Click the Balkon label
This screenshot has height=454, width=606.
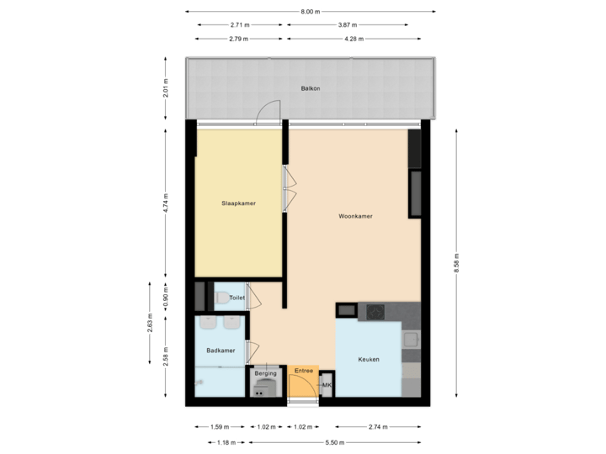click(x=311, y=88)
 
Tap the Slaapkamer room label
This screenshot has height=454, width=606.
click(x=238, y=203)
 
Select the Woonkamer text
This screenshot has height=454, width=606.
click(x=355, y=216)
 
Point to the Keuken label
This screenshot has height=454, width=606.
click(x=368, y=359)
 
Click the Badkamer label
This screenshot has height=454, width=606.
click(x=221, y=351)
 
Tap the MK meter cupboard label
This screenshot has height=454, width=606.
click(x=327, y=385)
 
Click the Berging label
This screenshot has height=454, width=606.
click(x=266, y=372)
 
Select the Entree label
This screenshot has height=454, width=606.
click(x=304, y=371)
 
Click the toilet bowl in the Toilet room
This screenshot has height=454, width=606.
click(x=221, y=296)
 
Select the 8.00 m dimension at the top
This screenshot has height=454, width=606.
click(x=311, y=12)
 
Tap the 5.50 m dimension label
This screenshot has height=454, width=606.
click(x=334, y=441)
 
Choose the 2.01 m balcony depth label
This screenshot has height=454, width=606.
click(x=166, y=89)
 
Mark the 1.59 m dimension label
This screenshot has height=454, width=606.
click(x=215, y=426)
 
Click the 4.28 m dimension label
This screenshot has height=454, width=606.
click(x=348, y=38)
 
